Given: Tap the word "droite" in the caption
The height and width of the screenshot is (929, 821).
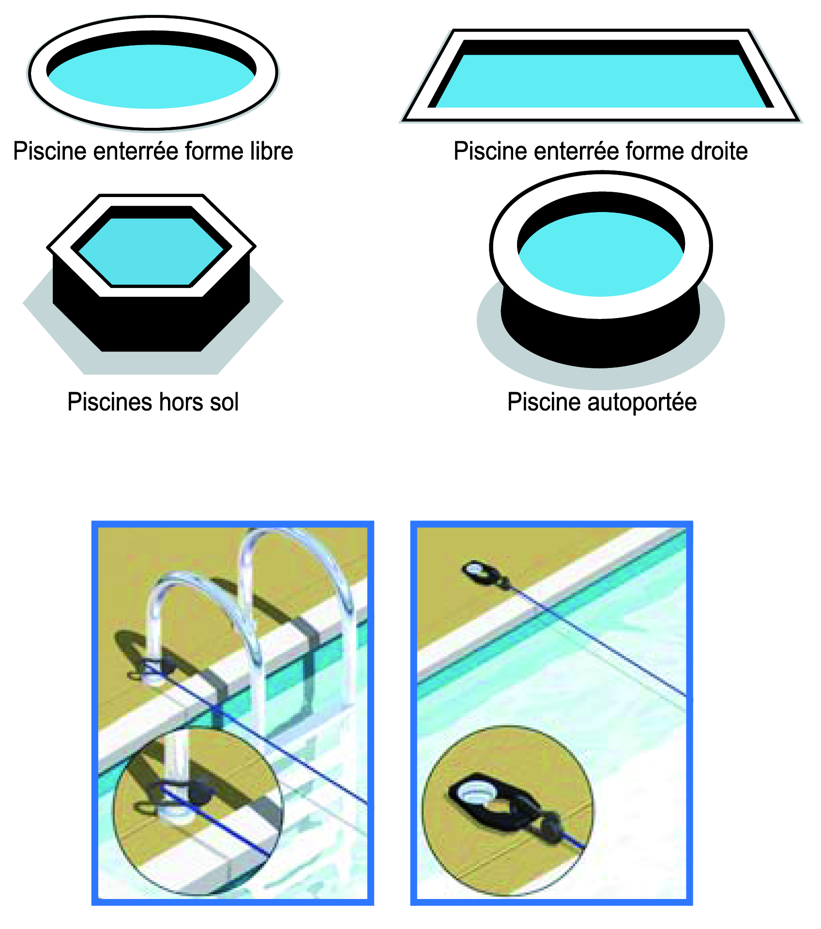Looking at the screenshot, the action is tap(719, 151).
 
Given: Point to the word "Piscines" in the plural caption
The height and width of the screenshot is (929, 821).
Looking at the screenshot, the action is tap(109, 402).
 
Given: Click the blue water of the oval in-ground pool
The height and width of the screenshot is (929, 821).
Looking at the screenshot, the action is tap(151, 77).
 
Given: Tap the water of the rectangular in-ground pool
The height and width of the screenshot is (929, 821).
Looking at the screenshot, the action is tap(600, 81).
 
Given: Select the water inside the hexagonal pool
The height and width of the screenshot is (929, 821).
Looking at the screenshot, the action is tap(151, 252).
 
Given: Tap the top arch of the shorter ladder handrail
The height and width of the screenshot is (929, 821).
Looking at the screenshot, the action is tap(194, 581).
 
